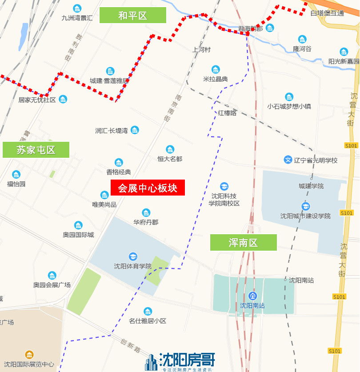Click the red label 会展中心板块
[148, 188]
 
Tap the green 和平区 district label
[132, 16]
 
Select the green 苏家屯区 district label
[36, 150]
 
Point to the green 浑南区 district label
[243, 243]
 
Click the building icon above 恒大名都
[170, 149]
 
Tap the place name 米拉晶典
[216, 79]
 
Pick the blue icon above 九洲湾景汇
[77, 8]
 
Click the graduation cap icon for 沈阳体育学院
[132, 256]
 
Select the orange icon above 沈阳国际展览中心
[29, 355]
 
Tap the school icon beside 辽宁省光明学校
[288, 160]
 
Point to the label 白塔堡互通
[327, 13]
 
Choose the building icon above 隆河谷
[302, 39]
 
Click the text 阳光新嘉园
[344, 61]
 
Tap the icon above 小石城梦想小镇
[289, 96]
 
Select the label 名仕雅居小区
[148, 321]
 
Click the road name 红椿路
[227, 113]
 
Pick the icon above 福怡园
[16, 174]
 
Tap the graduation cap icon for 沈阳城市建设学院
[305, 206]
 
